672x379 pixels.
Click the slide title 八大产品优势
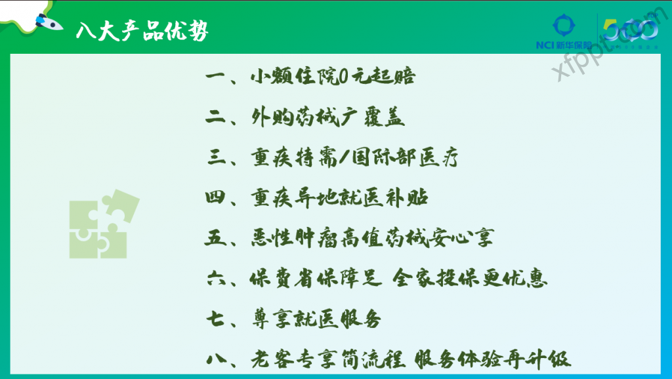[x=142, y=31]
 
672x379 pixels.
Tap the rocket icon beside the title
[x=49, y=22]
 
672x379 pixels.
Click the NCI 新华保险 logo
[x=564, y=31]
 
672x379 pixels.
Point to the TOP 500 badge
[x=631, y=31]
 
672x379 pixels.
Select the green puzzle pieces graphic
[x=104, y=224]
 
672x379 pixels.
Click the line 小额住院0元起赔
[x=333, y=76]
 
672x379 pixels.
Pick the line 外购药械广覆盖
[x=328, y=117]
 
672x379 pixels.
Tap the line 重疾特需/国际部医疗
[x=354, y=157]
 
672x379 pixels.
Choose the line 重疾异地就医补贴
[x=339, y=197]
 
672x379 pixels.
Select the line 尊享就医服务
[x=316, y=319]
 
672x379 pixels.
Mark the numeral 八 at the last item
[x=217, y=359]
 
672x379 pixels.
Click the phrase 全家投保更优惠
[x=470, y=279]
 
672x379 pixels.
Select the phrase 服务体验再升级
[x=492, y=359]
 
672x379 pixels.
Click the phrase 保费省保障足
[x=316, y=279]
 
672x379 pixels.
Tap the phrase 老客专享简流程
[x=328, y=359]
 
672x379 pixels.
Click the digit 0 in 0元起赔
[x=344, y=77]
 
